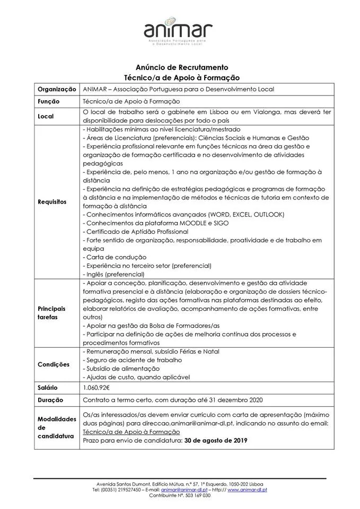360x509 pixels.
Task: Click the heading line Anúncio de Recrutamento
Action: point(182,67)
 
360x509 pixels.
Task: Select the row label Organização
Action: point(57,89)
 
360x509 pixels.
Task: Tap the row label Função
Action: point(48,101)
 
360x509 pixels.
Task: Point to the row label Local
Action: point(46,116)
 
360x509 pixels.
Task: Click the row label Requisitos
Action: point(52,202)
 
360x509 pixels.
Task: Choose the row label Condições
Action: point(54,364)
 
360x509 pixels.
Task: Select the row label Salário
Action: point(48,388)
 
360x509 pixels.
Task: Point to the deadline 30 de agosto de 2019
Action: point(212,440)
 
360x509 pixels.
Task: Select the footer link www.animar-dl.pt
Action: point(247,490)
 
